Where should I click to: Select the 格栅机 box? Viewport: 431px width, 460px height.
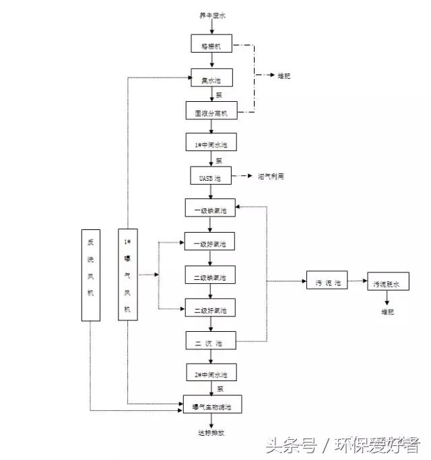click(211, 46)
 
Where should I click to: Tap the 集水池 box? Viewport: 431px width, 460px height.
click(211, 80)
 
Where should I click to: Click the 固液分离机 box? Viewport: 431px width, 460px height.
click(211, 112)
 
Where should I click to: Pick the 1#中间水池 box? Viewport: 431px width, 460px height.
click(211, 144)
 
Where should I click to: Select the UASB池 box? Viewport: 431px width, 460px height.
click(211, 176)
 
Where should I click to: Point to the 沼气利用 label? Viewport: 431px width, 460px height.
click(271, 176)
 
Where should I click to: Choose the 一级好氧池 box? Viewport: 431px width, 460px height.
click(211, 242)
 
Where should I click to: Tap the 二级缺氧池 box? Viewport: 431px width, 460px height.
click(211, 276)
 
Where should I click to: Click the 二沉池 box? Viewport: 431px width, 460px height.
click(211, 342)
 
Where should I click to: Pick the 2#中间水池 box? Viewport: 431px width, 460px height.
click(211, 373)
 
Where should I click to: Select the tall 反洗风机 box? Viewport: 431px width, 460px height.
click(90, 274)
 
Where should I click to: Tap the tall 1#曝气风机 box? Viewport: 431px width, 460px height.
click(127, 274)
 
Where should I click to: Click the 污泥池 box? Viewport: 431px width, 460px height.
click(327, 283)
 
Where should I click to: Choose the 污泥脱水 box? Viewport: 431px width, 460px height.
click(387, 284)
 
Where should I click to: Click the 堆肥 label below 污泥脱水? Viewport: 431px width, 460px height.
click(387, 312)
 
